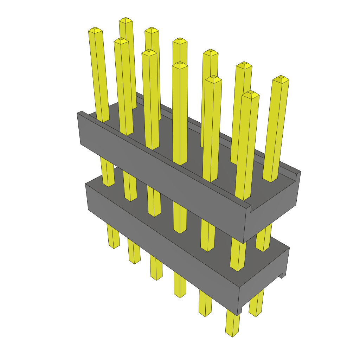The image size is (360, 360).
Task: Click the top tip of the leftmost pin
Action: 95,30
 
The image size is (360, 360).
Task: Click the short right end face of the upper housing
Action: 272,211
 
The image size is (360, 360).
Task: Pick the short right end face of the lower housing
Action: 264,281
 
